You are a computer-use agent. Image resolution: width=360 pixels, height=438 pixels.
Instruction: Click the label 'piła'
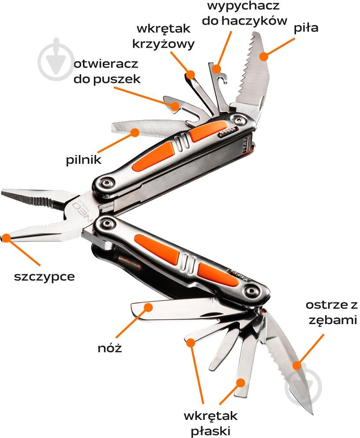[306, 28]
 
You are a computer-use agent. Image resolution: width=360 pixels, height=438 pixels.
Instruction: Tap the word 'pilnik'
[84, 160]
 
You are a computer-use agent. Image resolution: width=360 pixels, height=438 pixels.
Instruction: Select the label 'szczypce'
[45, 277]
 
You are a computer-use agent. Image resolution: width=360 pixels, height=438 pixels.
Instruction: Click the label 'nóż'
[110, 348]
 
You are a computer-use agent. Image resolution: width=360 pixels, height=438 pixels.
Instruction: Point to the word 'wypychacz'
[244, 6]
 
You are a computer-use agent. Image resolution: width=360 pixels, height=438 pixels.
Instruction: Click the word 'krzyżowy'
[163, 44]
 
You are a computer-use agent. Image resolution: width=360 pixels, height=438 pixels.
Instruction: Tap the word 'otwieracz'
[106, 64]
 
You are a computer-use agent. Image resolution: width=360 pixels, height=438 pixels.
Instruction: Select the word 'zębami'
[333, 320]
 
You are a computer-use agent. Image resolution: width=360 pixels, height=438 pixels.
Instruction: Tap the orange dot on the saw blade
[263, 57]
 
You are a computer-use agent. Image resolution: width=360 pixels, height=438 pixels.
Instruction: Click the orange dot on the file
[135, 132]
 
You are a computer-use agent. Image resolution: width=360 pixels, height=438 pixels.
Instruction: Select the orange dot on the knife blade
[149, 307]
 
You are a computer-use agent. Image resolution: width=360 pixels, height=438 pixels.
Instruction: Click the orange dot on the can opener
[175, 106]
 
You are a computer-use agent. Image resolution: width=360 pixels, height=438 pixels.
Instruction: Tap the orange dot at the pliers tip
[6, 238]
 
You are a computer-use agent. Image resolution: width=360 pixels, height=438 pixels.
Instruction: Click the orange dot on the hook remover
[216, 68]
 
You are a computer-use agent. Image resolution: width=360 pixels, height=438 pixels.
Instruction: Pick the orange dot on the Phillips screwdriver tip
[191, 74]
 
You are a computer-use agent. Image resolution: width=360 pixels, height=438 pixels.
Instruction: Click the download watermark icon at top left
[56, 59]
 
